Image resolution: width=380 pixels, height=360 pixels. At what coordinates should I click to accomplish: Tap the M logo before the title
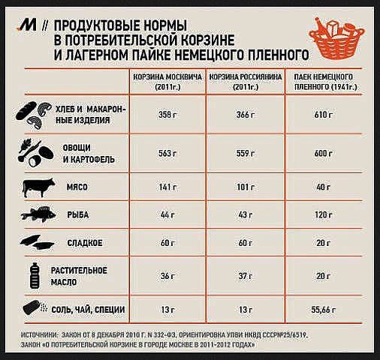tap(27, 25)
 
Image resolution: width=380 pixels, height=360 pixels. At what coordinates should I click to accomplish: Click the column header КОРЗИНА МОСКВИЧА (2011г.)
tap(167, 82)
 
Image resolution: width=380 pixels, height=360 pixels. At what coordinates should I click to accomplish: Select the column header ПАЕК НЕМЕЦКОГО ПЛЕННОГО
tap(324, 82)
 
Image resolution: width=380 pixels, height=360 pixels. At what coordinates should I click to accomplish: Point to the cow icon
tap(39, 187)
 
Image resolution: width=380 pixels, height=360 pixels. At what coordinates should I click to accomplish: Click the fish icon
tap(38, 214)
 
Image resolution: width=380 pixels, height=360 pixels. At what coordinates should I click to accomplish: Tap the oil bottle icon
tap(35, 275)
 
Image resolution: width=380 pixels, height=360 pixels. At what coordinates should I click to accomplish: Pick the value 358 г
tap(167, 115)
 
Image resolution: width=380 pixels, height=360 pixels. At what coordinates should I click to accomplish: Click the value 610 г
tap(324, 115)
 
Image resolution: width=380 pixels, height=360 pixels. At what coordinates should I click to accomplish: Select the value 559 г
tap(246, 153)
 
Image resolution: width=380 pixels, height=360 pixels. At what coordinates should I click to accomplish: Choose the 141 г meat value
tap(167, 187)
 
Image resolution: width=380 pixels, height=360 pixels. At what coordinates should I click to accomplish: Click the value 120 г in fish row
tap(324, 214)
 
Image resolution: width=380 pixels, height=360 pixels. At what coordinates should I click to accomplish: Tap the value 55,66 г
tap(324, 310)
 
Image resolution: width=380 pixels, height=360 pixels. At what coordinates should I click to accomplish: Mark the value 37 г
tap(246, 276)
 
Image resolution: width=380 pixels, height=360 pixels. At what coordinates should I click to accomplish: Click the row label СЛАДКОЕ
tap(85, 243)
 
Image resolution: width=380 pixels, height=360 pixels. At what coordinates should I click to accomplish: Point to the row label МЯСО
tap(77, 187)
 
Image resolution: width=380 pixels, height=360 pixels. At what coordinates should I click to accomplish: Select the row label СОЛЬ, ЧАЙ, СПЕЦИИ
tap(88, 310)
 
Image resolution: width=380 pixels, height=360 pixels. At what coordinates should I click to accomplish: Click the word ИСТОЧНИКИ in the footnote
tap(40, 335)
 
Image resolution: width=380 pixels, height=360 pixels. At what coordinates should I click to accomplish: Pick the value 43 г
tap(246, 214)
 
